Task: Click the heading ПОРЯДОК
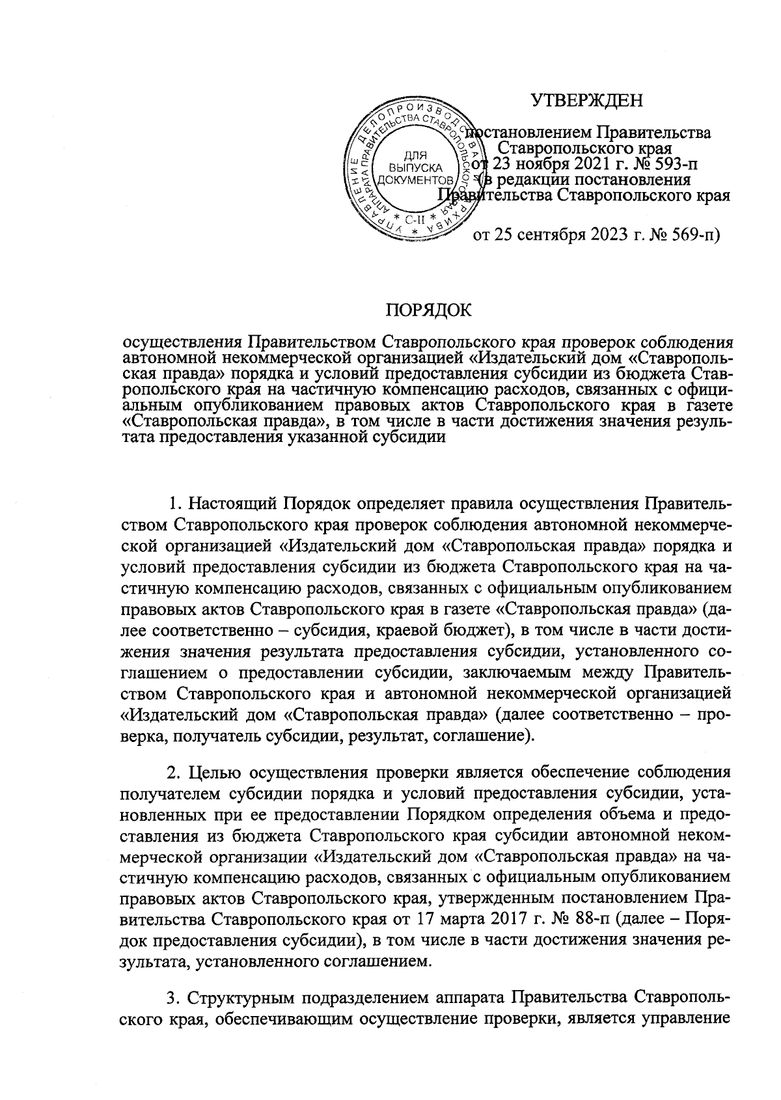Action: coord(429,310)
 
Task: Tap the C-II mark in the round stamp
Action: coord(415,219)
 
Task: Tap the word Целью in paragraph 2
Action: coord(214,773)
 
